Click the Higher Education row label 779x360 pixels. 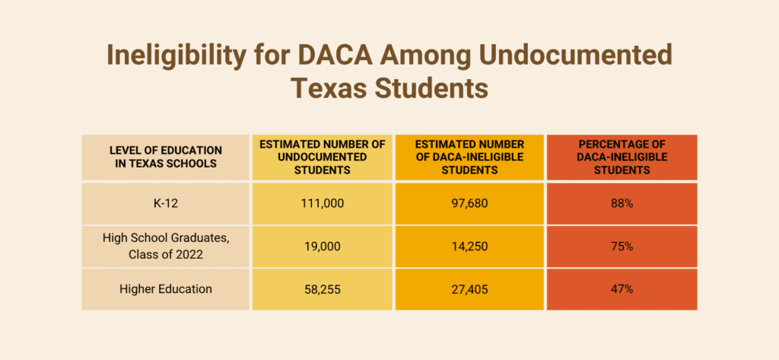pos(165,289)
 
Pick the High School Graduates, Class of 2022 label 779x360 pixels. pos(165,246)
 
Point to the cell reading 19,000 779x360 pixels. pos(322,246)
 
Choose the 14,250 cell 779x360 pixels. pos(469,246)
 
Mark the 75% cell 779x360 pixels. pos(622,246)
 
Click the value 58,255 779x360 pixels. pos(322,289)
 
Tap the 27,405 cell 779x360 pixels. pos(469,289)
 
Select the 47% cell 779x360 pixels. pos(622,289)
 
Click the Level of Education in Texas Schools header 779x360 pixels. pos(165,157)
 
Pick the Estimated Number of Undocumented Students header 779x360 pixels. pos(322,157)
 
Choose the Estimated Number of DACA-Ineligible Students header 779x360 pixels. pos(469,157)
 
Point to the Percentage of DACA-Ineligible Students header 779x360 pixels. pos(622,157)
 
